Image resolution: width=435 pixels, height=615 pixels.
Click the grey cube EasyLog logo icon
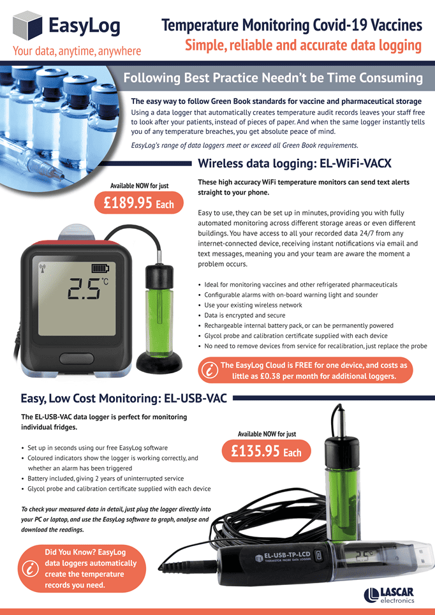pyautogui.click(x=27, y=26)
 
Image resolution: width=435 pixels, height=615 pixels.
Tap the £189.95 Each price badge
pyautogui.click(x=139, y=203)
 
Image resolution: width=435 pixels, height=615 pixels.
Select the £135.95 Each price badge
pyautogui.click(x=267, y=452)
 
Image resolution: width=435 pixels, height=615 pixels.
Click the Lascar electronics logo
pyautogui.click(x=389, y=595)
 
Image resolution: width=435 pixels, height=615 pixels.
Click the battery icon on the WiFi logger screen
pyautogui.click(x=100, y=269)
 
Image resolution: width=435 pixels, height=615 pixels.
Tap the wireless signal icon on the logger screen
pyautogui.click(x=43, y=268)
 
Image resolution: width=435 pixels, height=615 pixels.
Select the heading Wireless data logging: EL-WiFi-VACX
pyautogui.click(x=295, y=163)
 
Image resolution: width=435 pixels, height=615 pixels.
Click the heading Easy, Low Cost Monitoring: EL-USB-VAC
pyautogui.click(x=124, y=399)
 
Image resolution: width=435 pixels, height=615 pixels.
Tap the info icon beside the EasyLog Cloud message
pyautogui.click(x=210, y=370)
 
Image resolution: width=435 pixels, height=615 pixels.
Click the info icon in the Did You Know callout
pyautogui.click(x=30, y=568)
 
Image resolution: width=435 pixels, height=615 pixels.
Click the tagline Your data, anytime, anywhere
pyautogui.click(x=77, y=51)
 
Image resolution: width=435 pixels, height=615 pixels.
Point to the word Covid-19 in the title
pyautogui.click(x=341, y=26)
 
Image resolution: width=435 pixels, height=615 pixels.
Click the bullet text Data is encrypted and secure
pyautogui.click(x=245, y=315)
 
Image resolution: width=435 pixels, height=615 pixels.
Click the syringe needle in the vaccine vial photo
pyautogui.click(x=59, y=173)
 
